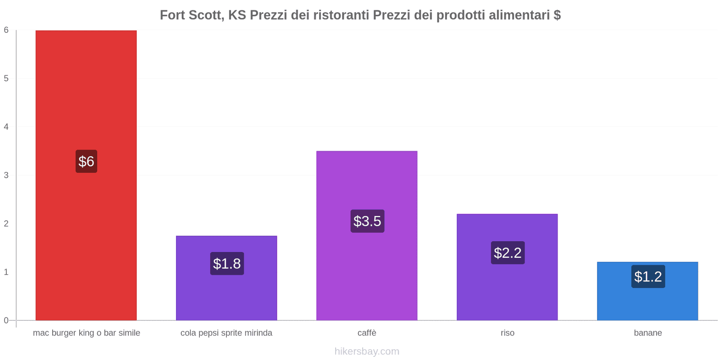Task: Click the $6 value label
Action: (x=86, y=161)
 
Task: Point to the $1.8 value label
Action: (x=227, y=263)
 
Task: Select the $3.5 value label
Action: (x=367, y=221)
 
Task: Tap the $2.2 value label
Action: (x=508, y=252)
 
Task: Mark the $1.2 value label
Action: (x=648, y=276)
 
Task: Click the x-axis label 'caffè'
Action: (x=367, y=333)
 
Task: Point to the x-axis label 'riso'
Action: (x=507, y=333)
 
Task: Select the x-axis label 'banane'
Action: (x=648, y=333)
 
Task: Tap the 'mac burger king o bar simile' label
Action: (x=86, y=333)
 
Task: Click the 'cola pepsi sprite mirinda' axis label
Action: (x=226, y=333)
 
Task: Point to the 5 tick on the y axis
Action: (x=6, y=78)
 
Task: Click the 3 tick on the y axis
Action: (x=6, y=175)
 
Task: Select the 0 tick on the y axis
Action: (x=6, y=320)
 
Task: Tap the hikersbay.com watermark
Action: (x=367, y=351)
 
